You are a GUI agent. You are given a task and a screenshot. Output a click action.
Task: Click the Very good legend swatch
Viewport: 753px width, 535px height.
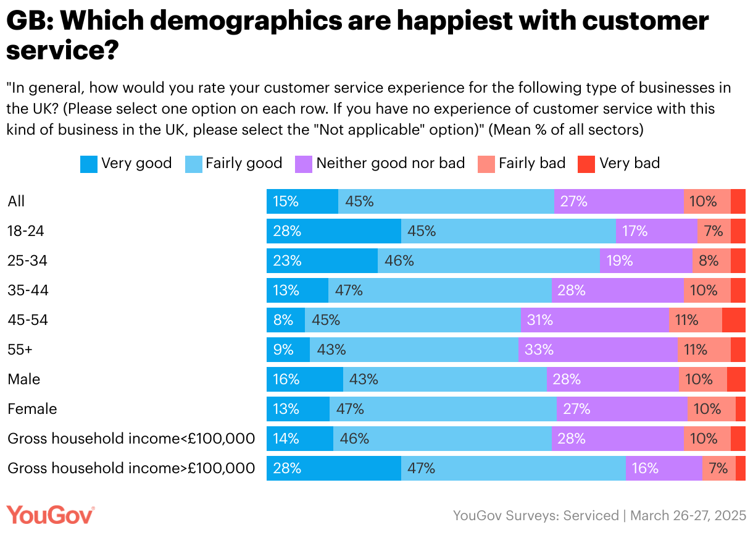(89, 164)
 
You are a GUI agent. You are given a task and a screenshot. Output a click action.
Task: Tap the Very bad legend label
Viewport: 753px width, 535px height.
(630, 163)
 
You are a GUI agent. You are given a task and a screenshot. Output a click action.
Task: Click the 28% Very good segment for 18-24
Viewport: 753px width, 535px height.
(333, 231)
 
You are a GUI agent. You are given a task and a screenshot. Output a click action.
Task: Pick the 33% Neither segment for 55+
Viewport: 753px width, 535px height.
(597, 350)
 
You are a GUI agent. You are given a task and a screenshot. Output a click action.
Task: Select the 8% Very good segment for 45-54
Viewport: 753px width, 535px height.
(285, 320)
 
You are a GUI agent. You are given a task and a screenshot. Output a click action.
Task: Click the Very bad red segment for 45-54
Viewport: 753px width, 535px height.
(733, 320)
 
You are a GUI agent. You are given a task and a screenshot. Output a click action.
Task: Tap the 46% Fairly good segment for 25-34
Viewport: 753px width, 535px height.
(488, 261)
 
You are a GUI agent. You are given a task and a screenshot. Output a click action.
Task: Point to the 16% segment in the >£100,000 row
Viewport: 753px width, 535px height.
(664, 468)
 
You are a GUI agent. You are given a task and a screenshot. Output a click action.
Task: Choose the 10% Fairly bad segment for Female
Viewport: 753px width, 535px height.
(711, 409)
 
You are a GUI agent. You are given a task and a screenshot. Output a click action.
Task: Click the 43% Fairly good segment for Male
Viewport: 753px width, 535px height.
(444, 379)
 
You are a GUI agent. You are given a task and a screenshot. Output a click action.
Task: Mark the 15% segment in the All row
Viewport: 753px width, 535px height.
(302, 201)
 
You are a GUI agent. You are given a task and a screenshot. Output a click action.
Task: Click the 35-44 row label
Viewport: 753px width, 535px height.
(28, 290)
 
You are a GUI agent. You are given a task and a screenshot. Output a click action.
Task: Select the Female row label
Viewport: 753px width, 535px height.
(32, 409)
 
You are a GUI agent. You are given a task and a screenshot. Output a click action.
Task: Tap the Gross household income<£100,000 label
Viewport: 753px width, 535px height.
(131, 439)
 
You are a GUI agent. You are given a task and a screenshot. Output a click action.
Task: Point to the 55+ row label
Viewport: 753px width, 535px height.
(20, 350)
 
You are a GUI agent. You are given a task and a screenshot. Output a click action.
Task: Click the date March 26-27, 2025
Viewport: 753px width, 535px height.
(689, 515)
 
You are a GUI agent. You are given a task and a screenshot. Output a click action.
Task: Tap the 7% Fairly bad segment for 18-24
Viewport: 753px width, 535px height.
(713, 231)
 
